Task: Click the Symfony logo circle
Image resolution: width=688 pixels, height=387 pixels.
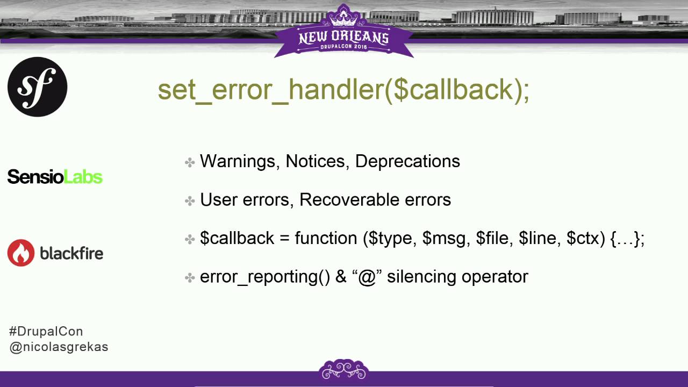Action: click(x=37, y=87)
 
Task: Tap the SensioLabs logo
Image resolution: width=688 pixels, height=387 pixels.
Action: click(x=55, y=176)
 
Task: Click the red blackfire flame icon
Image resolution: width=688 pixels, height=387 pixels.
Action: click(x=20, y=253)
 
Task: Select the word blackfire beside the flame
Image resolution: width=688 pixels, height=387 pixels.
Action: click(x=71, y=253)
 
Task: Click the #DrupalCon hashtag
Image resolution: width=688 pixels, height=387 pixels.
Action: click(x=46, y=331)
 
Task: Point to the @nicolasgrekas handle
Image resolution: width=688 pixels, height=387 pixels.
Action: click(x=59, y=347)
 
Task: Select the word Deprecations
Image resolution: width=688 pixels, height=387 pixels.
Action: click(x=407, y=161)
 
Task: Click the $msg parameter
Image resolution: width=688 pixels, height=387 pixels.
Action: click(x=443, y=238)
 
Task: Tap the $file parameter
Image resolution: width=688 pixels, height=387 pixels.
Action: click(x=494, y=238)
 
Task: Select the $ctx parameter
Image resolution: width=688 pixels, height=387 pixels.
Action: click(x=585, y=238)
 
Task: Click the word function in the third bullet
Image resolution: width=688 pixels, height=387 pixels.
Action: click(x=326, y=238)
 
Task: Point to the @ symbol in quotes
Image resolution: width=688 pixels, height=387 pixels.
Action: click(x=367, y=277)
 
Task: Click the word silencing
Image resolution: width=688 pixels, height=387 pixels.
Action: click(x=419, y=277)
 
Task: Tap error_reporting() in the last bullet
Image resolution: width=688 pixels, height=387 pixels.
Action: click(x=264, y=277)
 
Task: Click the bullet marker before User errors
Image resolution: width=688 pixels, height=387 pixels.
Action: click(x=189, y=200)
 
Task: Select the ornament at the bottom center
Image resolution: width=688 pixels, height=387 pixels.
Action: click(x=343, y=369)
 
